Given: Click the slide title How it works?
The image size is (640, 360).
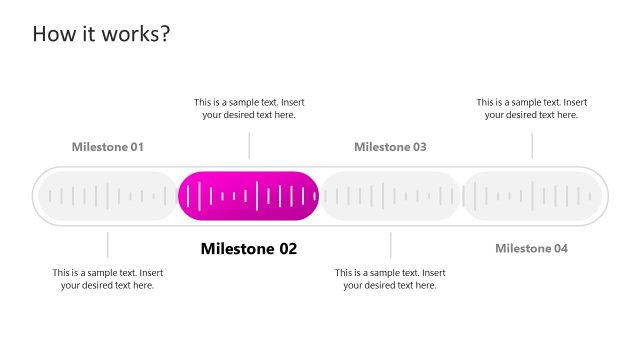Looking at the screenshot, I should pos(101,33).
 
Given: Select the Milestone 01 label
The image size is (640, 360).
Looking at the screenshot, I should pos(108,147).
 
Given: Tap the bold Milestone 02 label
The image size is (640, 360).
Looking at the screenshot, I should pos(249,249).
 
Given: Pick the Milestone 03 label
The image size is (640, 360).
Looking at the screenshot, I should pos(390,147).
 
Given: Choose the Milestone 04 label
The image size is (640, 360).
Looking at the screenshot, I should pos(531,248).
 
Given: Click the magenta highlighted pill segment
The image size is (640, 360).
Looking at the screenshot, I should pos(249,196).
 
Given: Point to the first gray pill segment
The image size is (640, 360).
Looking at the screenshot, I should pos(107,196).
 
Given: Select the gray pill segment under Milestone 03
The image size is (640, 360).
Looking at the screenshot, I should pos(390,196).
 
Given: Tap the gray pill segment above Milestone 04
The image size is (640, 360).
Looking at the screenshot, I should pos(531,196).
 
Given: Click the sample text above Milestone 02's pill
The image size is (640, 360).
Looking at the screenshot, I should pos(249,108).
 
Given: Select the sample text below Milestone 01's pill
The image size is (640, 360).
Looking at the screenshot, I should pos(108,279).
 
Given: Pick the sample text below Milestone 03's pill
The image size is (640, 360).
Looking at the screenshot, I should pos(390,279).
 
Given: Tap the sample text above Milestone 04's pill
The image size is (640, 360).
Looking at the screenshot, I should pos(531,108).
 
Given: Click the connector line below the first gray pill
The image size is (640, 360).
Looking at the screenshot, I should pos(108,245).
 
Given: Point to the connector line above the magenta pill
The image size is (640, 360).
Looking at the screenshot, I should pos(249,146).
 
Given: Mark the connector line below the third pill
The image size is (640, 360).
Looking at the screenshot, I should pos(390,245).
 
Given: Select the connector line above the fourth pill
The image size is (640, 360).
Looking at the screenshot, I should pos(531,146).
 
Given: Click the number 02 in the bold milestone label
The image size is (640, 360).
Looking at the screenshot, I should pos(286,249).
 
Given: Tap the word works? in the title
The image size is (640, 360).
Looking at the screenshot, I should pos(138,33).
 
